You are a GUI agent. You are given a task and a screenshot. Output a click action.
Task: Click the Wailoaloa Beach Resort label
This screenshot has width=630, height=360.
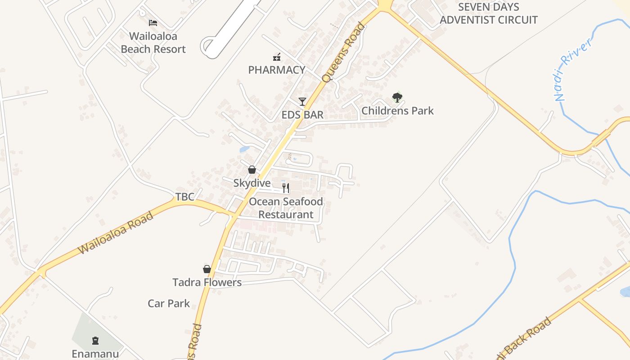[x=153, y=42]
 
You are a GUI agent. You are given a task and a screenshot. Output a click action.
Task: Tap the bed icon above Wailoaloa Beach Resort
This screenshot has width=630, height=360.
[x=153, y=22]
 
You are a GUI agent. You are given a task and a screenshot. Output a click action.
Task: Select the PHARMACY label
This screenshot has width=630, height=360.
[x=277, y=70]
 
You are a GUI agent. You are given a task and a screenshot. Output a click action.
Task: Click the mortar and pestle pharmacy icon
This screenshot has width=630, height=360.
[x=277, y=57]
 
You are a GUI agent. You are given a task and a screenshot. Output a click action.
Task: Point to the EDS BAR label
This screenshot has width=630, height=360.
[x=302, y=115]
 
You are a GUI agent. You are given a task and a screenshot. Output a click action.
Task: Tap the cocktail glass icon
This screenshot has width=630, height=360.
[x=302, y=102]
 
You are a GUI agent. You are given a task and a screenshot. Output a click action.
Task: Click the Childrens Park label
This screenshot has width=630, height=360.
[x=397, y=110]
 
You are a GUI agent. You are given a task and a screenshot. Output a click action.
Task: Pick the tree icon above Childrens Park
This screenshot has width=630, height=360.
[x=397, y=97]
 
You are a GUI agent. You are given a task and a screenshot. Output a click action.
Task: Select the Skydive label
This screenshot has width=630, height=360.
[x=252, y=183]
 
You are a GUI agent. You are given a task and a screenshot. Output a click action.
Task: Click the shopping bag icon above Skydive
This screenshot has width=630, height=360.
[x=252, y=170]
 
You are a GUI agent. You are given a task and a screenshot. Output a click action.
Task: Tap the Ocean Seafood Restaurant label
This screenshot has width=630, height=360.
[x=286, y=208]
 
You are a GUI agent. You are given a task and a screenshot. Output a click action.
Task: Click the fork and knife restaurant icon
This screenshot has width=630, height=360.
[x=286, y=188]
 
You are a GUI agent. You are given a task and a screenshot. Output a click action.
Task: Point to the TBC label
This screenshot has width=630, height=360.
[x=184, y=197]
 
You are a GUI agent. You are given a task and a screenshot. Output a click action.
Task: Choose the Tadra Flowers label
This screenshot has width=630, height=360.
[x=207, y=282]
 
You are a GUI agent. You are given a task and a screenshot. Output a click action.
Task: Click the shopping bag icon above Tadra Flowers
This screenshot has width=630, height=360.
[x=207, y=269]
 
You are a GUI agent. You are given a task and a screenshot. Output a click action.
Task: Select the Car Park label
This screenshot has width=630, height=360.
[x=169, y=303]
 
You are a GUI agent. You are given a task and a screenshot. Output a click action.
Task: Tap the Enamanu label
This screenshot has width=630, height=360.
[x=95, y=354]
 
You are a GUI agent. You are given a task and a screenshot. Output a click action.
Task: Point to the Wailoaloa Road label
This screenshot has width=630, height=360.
[x=116, y=233]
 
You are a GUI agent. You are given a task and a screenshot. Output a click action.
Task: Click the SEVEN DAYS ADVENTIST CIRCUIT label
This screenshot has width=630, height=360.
[x=488, y=13]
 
